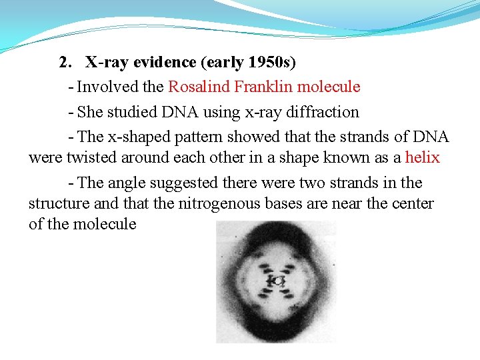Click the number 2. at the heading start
pyautogui.click(x=65, y=63)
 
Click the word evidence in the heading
pyautogui.click(x=163, y=63)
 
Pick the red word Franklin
pyautogui.click(x=262, y=87)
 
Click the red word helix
pyautogui.click(x=423, y=157)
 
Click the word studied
pyautogui.click(x=130, y=112)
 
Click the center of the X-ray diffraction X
pyautogui.click(x=277, y=282)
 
